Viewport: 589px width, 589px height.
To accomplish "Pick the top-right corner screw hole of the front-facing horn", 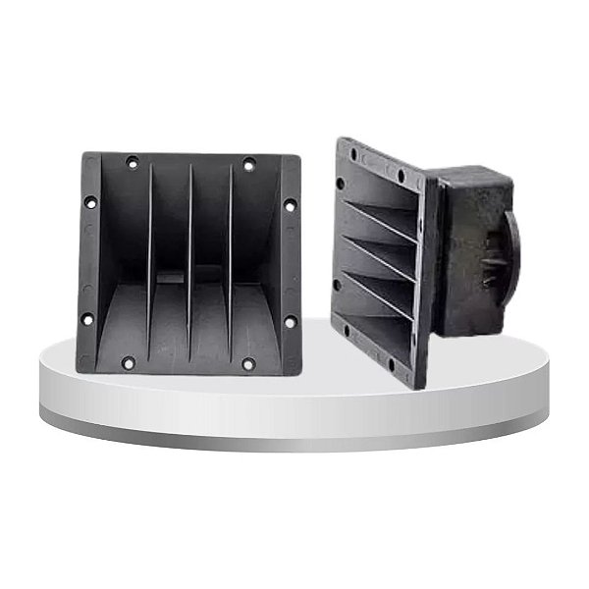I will (x=248, y=164).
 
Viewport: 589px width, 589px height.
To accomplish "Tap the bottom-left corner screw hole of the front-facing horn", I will (x=128, y=362).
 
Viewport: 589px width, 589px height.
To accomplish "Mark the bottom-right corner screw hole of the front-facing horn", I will (x=248, y=363).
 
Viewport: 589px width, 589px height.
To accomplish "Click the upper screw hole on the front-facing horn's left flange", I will (x=90, y=202).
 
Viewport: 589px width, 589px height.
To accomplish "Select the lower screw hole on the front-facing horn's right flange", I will (x=290, y=321).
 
